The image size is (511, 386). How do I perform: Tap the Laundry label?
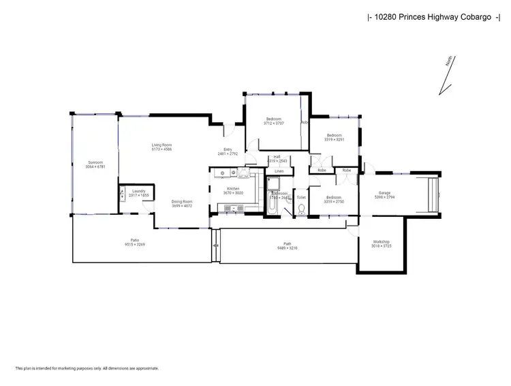click(139, 192)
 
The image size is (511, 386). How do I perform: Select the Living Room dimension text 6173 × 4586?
click(161, 149)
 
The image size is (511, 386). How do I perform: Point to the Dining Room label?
click(182, 201)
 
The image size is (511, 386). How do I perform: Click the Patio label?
click(136, 239)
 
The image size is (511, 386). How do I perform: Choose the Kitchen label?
click(233, 188)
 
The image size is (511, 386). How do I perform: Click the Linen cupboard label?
click(279, 170)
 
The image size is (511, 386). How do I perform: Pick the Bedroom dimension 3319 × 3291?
click(335, 140)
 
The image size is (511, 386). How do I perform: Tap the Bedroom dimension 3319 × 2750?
click(333, 201)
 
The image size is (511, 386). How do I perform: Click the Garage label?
click(386, 193)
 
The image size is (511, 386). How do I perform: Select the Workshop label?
click(381, 242)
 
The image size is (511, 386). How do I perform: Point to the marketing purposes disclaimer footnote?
click(87, 368)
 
